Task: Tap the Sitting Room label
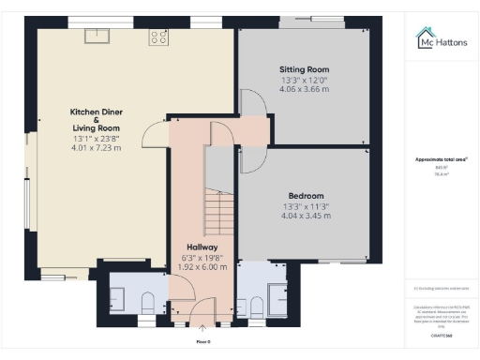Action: [x=304, y=69]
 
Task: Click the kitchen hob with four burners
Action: [x=158, y=37]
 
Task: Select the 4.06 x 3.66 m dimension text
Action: [x=304, y=90]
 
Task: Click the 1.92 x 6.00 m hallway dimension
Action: [x=202, y=266]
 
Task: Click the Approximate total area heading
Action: [x=441, y=159]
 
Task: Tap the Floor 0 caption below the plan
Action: [x=202, y=341]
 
